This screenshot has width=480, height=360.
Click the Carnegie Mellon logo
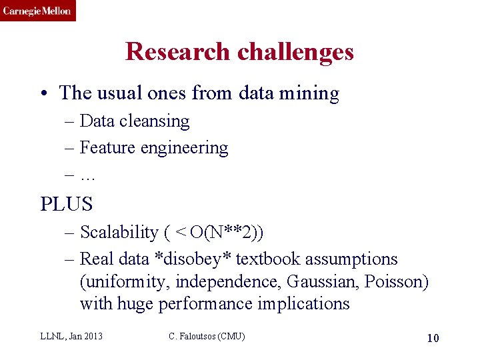click(37, 11)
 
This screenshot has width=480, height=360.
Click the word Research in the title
click(171, 52)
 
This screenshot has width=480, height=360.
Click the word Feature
click(108, 148)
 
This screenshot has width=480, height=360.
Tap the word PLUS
click(66, 203)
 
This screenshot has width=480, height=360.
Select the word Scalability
click(119, 233)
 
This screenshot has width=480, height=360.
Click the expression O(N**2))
click(227, 233)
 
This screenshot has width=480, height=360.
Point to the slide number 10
click(433, 338)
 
